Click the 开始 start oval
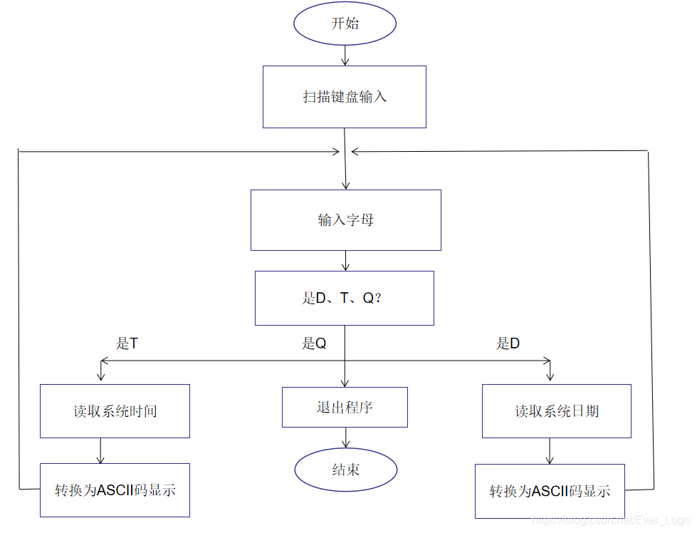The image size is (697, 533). click(x=345, y=24)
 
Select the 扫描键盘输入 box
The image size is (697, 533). click(x=345, y=97)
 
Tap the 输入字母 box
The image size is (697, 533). click(x=346, y=220)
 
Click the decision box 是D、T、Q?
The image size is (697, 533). click(x=345, y=298)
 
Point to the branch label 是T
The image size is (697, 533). click(x=127, y=343)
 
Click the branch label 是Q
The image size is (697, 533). click(x=314, y=343)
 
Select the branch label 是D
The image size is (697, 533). click(x=508, y=343)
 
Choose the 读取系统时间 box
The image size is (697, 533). click(x=115, y=411)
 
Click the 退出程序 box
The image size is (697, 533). click(x=345, y=408)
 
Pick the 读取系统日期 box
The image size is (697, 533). click(x=557, y=411)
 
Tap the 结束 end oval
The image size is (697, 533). click(x=345, y=470)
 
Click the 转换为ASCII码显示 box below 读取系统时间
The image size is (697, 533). click(x=115, y=490)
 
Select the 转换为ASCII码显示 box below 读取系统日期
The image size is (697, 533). click(x=550, y=491)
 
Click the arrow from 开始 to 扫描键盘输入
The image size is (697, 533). click(x=345, y=56)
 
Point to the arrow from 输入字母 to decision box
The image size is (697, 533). click(x=345, y=261)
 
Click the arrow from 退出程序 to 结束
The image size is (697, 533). click(x=345, y=438)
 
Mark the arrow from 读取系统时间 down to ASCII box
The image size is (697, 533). click(x=100, y=450)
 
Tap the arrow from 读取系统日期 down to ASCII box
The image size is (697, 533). click(x=550, y=451)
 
